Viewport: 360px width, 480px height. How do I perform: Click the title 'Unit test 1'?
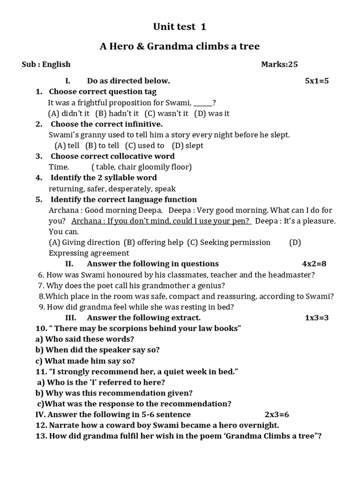coord(180,27)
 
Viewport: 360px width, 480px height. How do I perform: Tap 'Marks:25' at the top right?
coord(279,64)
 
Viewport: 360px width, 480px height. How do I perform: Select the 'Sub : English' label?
coord(46,64)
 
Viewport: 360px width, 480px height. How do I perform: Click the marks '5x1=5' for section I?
coord(317,81)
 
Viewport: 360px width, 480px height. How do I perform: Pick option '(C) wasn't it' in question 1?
coord(166,113)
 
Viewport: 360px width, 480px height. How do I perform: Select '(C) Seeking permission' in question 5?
coord(229,242)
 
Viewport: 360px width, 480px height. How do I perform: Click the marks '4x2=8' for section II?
coord(314,263)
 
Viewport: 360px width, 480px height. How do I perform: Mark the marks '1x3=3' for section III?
coord(317,318)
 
